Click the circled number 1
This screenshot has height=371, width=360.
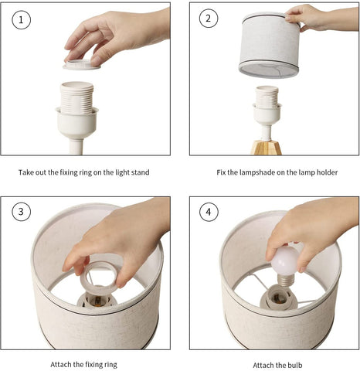click(x=21, y=20)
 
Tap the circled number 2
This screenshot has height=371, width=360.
click(x=209, y=19)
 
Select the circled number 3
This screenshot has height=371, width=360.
click(x=21, y=212)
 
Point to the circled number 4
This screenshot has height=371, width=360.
click(x=209, y=212)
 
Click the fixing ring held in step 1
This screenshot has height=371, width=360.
click(x=81, y=65)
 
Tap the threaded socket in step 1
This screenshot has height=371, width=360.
click(x=76, y=98)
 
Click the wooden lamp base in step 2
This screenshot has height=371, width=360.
click(x=267, y=148)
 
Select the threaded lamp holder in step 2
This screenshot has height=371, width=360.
click(x=267, y=100)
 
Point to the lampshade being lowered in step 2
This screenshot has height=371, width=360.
click(x=270, y=44)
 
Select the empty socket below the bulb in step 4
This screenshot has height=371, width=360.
click(x=278, y=298)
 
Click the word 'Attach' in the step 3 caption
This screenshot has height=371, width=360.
click(x=61, y=365)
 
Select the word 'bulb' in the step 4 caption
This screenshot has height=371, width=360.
click(x=295, y=365)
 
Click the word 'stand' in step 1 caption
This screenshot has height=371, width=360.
click(x=140, y=172)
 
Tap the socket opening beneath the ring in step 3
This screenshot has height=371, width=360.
click(x=97, y=301)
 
